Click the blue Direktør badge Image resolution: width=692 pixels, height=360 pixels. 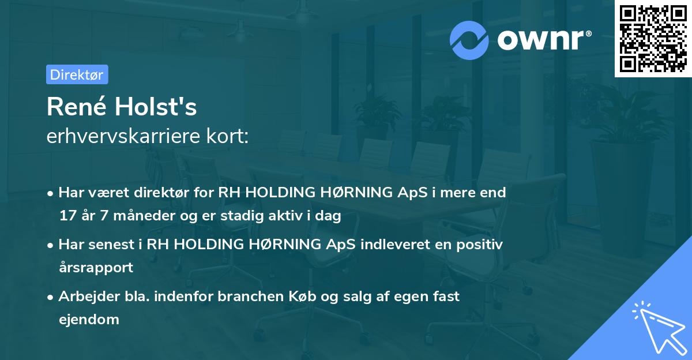click(77, 74)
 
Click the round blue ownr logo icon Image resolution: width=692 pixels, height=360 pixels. click(469, 40)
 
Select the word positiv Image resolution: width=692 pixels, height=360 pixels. click(481, 244)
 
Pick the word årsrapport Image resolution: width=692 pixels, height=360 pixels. click(96, 267)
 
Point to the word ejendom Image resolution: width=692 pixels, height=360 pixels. click(89, 319)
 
